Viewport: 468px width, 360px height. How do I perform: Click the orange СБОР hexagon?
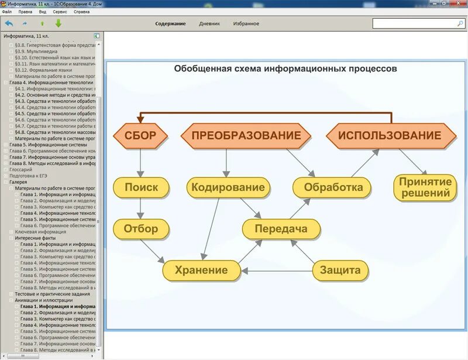click(x=140, y=136)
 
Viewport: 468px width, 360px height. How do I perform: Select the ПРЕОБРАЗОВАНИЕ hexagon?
click(x=246, y=136)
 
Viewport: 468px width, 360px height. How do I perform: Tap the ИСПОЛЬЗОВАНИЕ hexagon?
click(x=390, y=136)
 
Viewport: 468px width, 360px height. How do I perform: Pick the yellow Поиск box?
click(x=141, y=187)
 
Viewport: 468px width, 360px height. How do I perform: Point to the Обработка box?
click(x=332, y=188)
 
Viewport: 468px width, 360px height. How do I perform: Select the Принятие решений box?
click(x=425, y=187)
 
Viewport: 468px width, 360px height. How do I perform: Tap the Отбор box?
click(x=141, y=229)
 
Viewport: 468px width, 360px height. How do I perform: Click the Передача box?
click(x=281, y=229)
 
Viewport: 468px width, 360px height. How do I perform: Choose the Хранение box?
click(x=202, y=270)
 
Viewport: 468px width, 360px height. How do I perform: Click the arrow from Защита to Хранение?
click(x=277, y=270)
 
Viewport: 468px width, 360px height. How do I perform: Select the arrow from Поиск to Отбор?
click(x=141, y=208)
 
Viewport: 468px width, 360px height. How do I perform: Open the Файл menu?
click(x=7, y=12)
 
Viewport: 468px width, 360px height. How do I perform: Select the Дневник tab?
click(x=209, y=24)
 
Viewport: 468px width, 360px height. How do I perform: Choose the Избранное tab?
click(x=246, y=24)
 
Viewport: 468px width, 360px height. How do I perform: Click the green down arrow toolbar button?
click(x=58, y=23)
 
